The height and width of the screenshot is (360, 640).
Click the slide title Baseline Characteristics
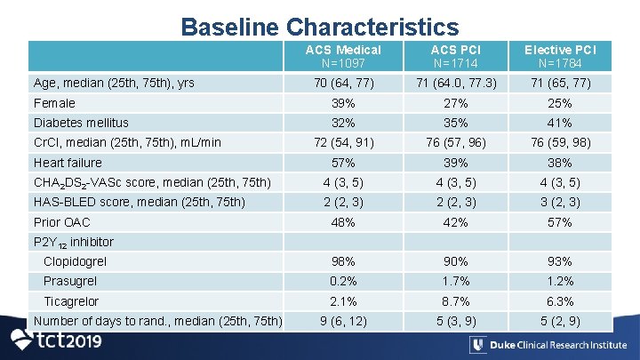coord(320,27)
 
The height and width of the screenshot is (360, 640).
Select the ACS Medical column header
coord(342,56)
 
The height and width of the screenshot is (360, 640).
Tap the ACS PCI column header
coord(455,56)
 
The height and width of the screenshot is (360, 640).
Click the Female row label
coord(54,103)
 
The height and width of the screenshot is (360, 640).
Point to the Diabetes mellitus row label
coord(81,123)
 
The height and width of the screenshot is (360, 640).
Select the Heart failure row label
coord(68,163)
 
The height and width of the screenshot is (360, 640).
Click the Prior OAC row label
coord(61,222)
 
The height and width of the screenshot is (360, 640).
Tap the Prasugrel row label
coord(72,282)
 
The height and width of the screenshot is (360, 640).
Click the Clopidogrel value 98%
coord(342,262)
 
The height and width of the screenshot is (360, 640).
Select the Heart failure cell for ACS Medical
coord(342,163)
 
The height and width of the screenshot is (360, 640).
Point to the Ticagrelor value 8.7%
coord(455,301)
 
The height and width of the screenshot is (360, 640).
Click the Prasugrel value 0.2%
coord(342,282)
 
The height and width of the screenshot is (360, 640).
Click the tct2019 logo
coord(55,341)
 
